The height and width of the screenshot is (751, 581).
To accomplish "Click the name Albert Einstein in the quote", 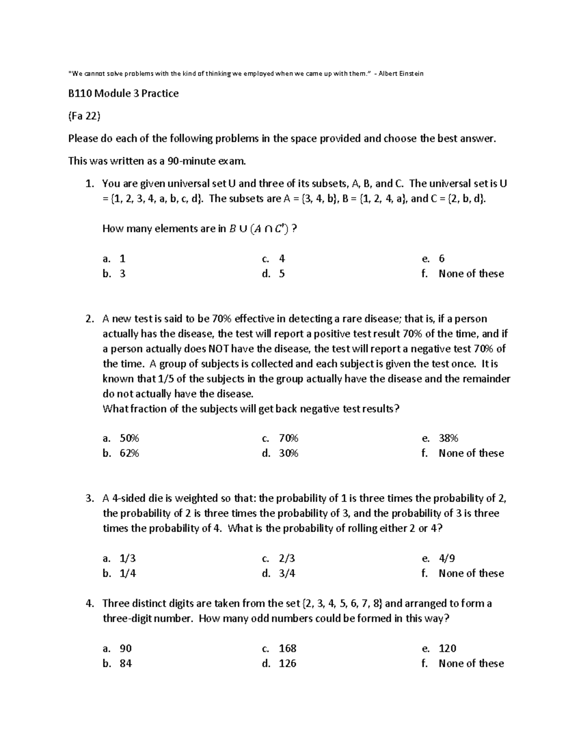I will click(401, 74).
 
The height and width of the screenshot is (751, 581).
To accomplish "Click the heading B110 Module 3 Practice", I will click(123, 93).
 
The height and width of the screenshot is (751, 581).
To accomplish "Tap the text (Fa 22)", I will click(84, 116).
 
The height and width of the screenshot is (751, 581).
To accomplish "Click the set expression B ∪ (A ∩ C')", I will click(259, 229).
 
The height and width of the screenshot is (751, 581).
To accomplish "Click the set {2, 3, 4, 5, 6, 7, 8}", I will click(342, 603).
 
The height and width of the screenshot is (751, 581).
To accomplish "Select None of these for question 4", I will click(471, 663).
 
